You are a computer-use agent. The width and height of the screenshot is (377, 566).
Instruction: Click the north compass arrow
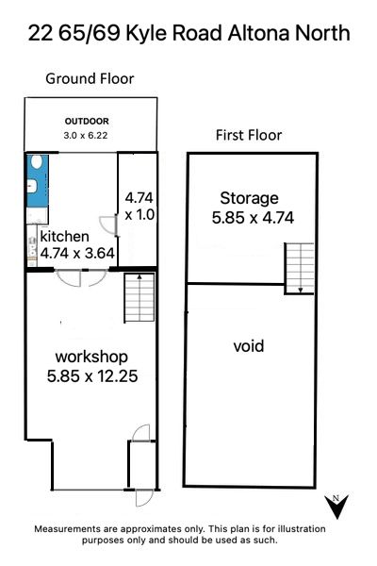click(336, 507)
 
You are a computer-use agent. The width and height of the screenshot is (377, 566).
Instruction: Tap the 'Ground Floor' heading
click(90, 78)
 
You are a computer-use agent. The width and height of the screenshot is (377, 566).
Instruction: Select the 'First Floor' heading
click(249, 135)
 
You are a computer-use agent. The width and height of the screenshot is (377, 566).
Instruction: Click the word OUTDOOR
click(87, 122)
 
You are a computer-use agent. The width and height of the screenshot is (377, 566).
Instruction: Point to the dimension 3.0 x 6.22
click(86, 135)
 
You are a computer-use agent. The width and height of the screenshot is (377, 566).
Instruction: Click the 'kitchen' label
click(65, 237)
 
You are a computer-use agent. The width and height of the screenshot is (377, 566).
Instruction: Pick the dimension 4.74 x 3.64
click(77, 253)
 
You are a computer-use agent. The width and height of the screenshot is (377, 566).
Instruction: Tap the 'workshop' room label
click(91, 357)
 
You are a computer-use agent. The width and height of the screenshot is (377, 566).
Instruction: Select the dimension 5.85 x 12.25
click(92, 376)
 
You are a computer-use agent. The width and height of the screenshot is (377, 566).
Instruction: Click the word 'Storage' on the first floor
click(249, 198)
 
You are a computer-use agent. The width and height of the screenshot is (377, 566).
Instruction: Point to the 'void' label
click(249, 346)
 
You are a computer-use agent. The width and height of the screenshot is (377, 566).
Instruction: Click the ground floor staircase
click(139, 298)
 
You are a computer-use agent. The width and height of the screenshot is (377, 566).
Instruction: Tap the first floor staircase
click(300, 268)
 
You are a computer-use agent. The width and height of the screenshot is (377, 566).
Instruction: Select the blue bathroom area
click(38, 180)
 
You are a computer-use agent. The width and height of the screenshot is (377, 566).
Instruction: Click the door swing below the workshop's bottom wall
click(144, 498)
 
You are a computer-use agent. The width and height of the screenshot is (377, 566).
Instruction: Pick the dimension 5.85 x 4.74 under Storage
click(253, 218)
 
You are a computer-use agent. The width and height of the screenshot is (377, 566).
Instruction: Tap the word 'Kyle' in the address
click(146, 33)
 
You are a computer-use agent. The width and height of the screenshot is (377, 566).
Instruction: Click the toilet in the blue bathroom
click(36, 161)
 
